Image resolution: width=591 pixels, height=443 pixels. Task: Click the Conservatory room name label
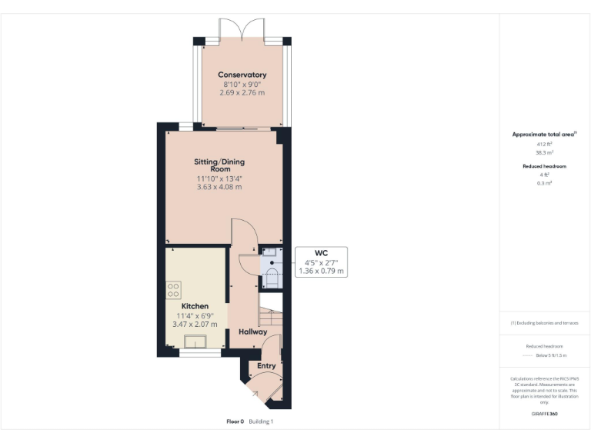(x=242, y=75)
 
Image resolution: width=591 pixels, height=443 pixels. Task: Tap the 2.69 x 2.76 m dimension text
(x=243, y=92)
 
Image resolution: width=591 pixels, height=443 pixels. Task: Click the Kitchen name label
(x=195, y=306)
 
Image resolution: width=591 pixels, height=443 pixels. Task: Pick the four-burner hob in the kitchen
(x=173, y=290)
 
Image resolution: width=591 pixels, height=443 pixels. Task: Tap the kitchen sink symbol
(x=195, y=342)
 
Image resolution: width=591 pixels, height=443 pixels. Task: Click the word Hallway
(x=252, y=332)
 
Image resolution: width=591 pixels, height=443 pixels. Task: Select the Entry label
(x=266, y=366)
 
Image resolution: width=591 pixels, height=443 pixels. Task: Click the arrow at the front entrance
(x=255, y=395)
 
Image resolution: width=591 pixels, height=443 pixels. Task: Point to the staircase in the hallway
(x=271, y=315)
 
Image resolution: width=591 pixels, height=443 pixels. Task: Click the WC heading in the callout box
(x=322, y=253)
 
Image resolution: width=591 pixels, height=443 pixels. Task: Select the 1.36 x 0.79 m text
(x=322, y=271)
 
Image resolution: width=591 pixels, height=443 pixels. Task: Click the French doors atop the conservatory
(x=243, y=30)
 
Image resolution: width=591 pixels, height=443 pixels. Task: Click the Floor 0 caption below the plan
(x=235, y=421)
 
